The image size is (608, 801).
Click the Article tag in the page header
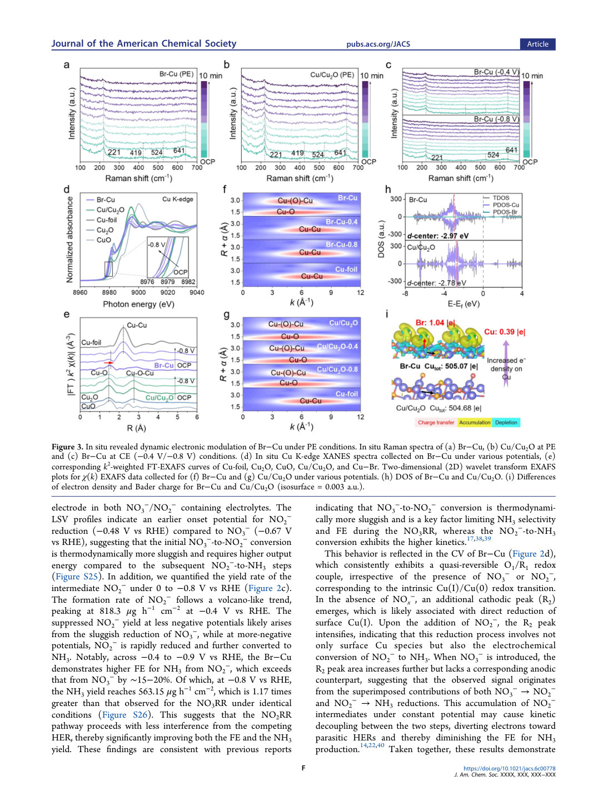(537, 44)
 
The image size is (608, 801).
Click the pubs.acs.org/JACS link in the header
(378, 44)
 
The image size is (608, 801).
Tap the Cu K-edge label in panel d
(178, 199)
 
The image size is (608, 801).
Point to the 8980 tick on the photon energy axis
(109, 292)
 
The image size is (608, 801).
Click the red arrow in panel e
(109, 363)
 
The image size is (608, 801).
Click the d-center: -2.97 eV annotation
(438, 236)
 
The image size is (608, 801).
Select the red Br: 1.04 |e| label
(435, 323)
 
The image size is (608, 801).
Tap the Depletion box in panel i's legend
(506, 422)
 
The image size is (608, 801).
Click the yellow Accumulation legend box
(475, 422)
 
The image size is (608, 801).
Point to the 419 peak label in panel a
(136, 152)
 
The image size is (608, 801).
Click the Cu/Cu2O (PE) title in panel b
(332, 74)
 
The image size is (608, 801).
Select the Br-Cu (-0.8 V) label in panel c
(496, 119)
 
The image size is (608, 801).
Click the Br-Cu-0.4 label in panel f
(342, 222)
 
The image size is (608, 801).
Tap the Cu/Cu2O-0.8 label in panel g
(337, 369)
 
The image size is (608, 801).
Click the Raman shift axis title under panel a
(139, 178)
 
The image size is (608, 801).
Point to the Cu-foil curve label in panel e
(91, 342)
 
